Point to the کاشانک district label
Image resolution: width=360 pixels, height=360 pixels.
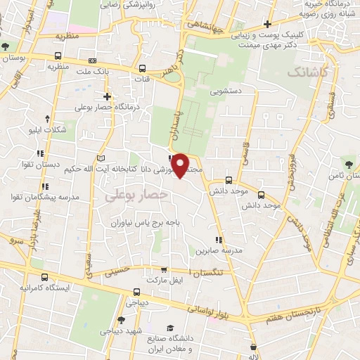307,72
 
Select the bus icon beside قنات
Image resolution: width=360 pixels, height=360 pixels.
143,68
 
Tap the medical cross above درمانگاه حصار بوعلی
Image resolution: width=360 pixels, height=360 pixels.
107,96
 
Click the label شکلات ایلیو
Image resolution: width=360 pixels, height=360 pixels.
47,131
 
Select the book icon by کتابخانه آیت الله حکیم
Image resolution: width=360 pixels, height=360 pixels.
102,155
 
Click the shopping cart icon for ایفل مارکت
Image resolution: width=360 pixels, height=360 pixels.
164,269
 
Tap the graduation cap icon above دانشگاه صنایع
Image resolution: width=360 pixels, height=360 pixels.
169,328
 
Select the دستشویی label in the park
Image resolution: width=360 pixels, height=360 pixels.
226,91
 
